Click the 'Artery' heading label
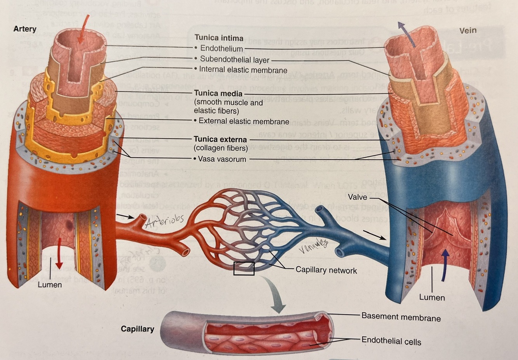tap(25, 29)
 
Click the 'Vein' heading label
tap(468, 30)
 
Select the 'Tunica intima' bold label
tap(219, 38)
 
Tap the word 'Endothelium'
tap(221, 49)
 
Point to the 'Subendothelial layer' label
tap(235, 59)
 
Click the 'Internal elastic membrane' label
tap(243, 70)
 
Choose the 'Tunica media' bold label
tap(218, 94)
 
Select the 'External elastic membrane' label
tap(244, 121)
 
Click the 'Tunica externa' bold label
tap(220, 139)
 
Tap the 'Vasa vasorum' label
tap(222, 159)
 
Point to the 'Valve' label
tap(357, 197)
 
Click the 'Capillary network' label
tap(326, 270)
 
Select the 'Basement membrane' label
tap(401, 317)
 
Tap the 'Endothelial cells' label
tap(391, 341)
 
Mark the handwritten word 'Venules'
tap(313, 247)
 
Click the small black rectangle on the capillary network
tap(244, 268)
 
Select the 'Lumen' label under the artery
tap(50, 285)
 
